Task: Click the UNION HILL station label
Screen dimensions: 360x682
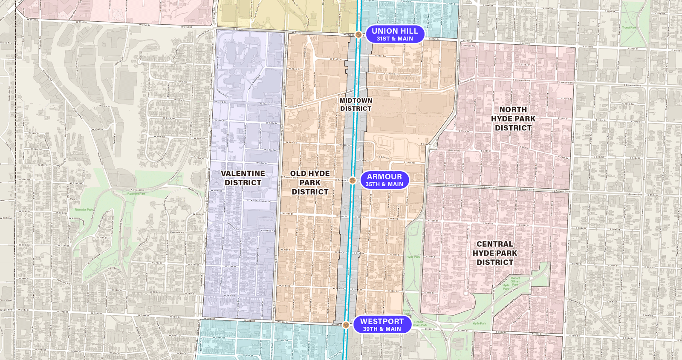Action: pos(395,34)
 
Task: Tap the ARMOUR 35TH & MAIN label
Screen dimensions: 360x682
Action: pos(384,180)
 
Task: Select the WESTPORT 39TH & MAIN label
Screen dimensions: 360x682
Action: pos(381,325)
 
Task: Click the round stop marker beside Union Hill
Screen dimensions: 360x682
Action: pos(359,35)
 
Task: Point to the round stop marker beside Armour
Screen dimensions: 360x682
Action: pos(353,180)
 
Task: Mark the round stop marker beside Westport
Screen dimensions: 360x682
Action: pos(346,325)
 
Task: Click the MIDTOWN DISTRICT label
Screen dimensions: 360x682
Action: pos(356,104)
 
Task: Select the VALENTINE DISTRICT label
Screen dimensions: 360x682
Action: pos(243,178)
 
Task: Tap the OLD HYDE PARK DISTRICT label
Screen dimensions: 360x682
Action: pos(310,183)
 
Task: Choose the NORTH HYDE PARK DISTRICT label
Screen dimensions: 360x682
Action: pos(513,119)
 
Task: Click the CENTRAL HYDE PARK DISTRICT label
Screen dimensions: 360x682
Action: pos(495,253)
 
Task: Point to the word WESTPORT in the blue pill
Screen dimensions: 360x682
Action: pos(381,322)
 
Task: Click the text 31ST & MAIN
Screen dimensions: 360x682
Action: pos(395,39)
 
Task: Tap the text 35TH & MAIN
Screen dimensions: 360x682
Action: pos(384,184)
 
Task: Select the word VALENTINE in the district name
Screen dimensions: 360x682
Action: pos(243,174)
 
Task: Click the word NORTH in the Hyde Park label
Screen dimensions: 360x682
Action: pos(513,110)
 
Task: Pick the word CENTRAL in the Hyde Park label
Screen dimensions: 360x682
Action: pos(495,244)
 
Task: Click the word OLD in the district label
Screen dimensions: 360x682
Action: pos(298,174)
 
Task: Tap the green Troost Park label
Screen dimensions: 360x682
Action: pos(629,28)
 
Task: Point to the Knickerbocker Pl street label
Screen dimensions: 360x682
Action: pos(261,201)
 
